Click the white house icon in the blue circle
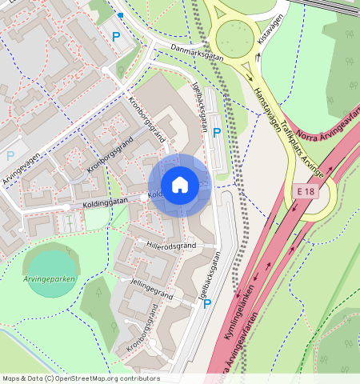click(180, 185)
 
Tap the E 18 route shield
click(305, 192)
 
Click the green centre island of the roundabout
click(234, 35)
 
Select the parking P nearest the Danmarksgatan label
click(116, 36)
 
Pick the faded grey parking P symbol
click(10, 155)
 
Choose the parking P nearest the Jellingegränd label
click(206, 303)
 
